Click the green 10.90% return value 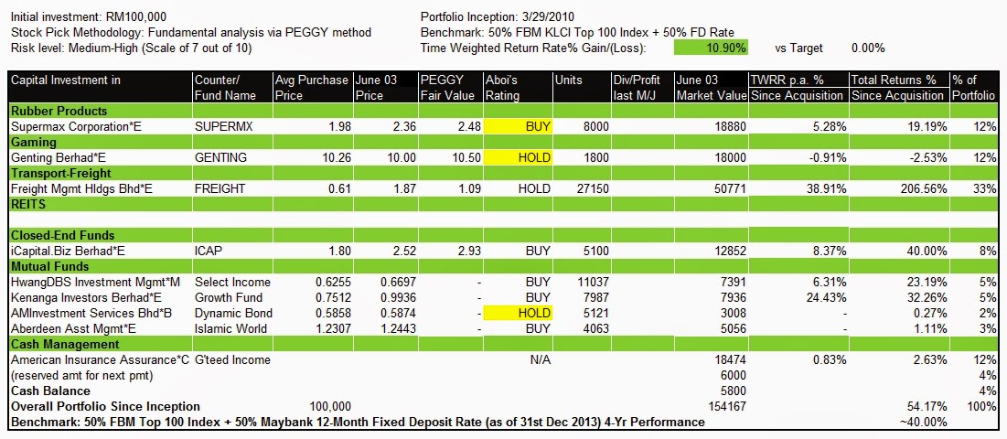pos(711,47)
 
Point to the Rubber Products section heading pos(53,111)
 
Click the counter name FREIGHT pos(220,188)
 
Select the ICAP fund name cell pos(209,251)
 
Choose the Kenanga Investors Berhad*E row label pos(85,297)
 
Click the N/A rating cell pos(541,359)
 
